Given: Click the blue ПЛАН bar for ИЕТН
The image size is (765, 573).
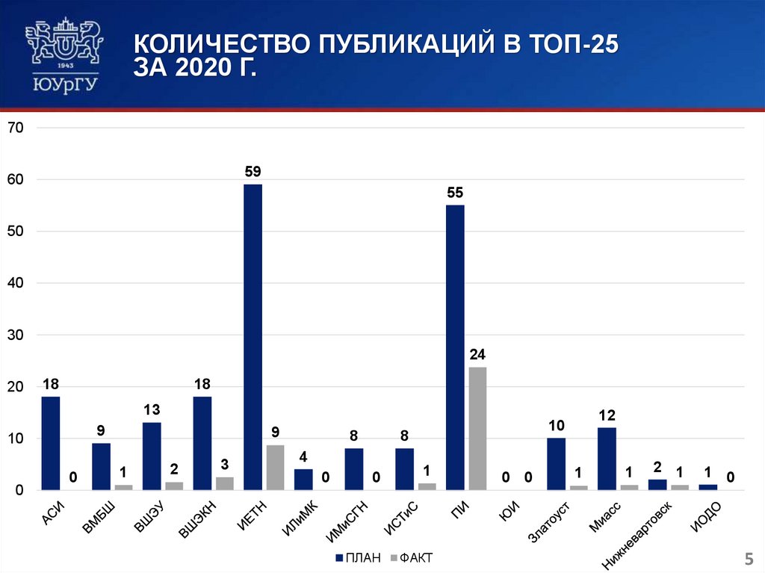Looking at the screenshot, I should tap(253, 336).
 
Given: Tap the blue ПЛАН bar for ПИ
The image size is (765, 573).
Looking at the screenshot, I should tap(455, 347).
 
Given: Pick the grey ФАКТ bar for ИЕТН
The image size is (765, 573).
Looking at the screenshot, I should tap(275, 467).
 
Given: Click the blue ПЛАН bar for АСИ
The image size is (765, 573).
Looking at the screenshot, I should tap(50, 443).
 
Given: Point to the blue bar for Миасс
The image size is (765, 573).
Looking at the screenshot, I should tap(607, 459).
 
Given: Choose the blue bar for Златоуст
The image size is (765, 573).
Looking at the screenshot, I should tap(556, 464).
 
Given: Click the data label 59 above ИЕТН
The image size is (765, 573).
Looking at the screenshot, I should tap(253, 172).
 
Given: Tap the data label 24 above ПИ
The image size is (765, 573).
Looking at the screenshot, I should tap(477, 354).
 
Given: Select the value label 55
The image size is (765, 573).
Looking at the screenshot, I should tap(455, 193).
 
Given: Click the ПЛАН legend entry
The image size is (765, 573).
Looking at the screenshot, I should tap(359, 557).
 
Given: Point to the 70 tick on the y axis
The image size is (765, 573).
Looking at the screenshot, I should tap(16, 128).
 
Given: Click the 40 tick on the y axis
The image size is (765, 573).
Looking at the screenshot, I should tap(16, 283).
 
